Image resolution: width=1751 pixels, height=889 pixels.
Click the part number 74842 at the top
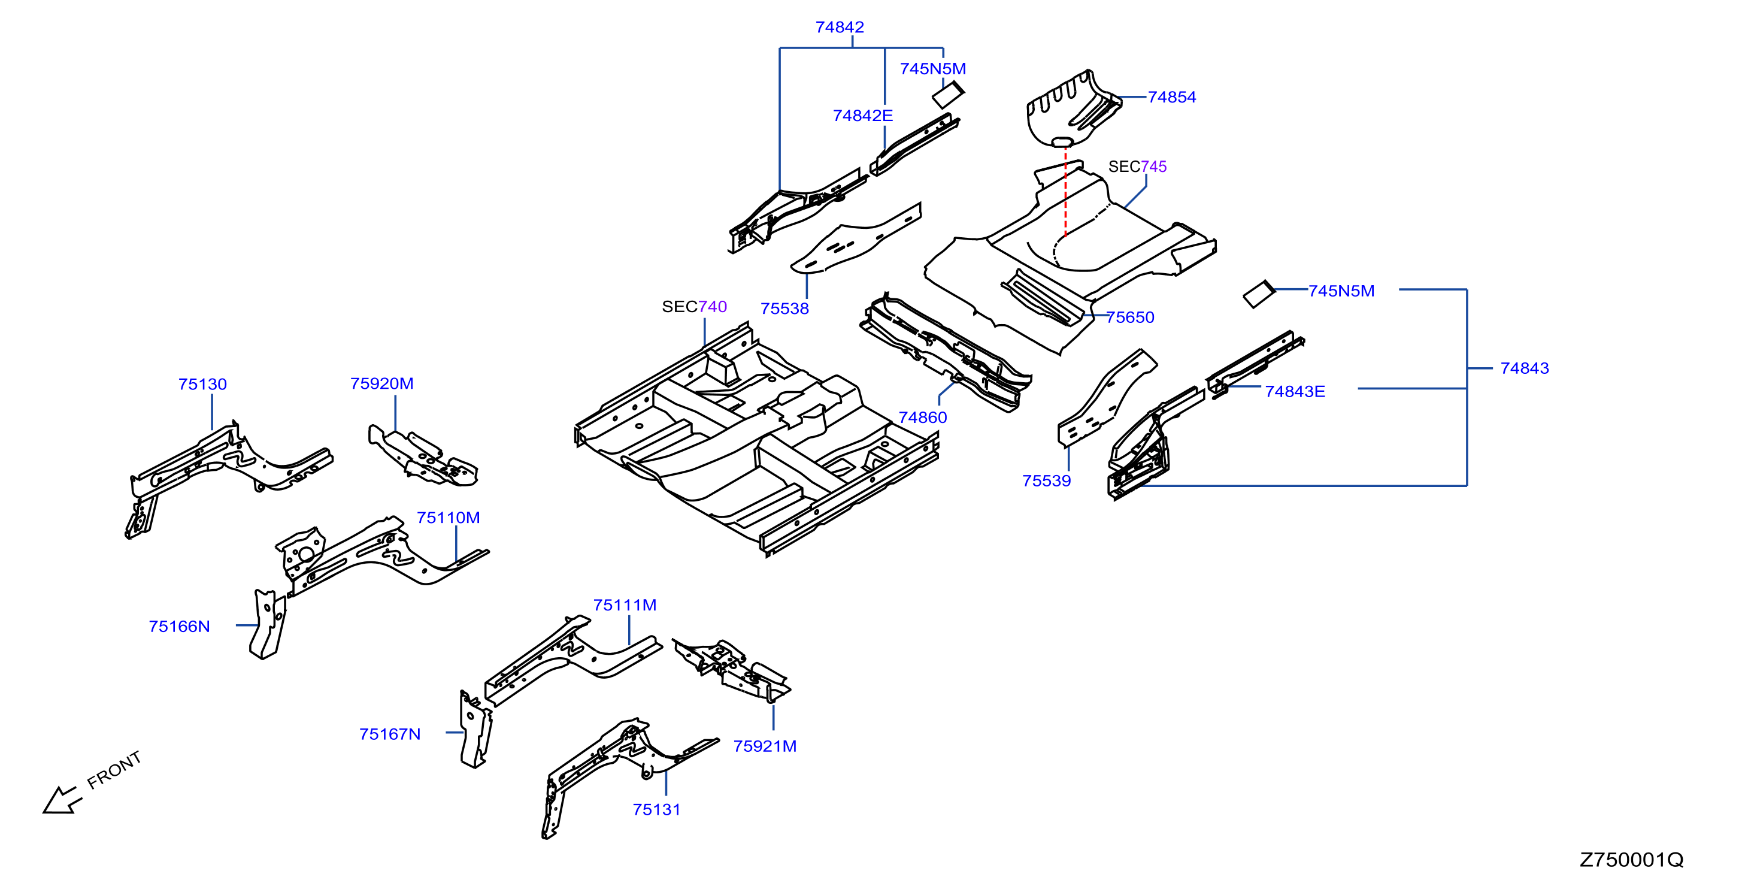point(840,27)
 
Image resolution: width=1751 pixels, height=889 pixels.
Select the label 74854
point(1172,97)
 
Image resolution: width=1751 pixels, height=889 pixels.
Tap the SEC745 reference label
point(1137,167)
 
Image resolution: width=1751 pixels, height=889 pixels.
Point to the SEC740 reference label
point(694,307)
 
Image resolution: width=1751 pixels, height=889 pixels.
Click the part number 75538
point(784,309)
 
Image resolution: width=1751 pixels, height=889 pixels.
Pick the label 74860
point(922,418)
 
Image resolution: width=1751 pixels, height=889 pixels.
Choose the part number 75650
point(1130,317)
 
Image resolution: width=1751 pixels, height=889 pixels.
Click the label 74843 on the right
point(1525,368)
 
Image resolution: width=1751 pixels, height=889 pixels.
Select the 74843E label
point(1295,392)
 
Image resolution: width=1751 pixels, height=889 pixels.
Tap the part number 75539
point(1046,481)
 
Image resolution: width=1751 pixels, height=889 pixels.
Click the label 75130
point(202,385)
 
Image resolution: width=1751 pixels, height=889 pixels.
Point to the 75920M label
point(382,383)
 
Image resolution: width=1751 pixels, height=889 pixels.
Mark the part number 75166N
point(180,627)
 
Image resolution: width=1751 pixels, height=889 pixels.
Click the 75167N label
point(390,734)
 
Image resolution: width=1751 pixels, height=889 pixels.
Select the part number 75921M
point(765,746)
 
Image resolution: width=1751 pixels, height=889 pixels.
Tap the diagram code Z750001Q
point(1631,860)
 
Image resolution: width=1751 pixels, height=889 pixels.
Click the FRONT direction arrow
point(62,800)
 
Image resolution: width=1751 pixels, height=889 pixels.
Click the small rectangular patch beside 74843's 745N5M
point(1259,295)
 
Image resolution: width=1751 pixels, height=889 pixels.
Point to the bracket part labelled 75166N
point(268,624)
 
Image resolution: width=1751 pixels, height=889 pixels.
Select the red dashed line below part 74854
point(1065,192)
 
